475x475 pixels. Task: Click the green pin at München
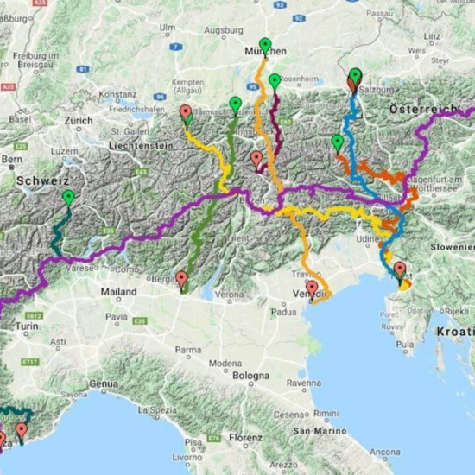tap(265, 44)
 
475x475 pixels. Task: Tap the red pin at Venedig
tap(312, 288)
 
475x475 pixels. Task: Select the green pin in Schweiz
tap(68, 197)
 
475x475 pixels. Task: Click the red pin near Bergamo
tap(181, 278)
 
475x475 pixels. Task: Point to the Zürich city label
tap(78, 121)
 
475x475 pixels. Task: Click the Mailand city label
tap(118, 292)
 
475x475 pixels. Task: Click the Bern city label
tap(12, 160)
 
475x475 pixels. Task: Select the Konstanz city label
tap(118, 92)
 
